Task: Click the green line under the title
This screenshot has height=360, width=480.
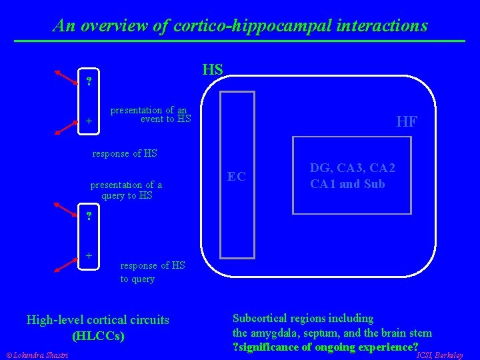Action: pyautogui.click(x=240, y=41)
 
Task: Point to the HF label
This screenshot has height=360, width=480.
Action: pyautogui.click(x=407, y=121)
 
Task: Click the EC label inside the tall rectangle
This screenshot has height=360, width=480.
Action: pyautogui.click(x=237, y=177)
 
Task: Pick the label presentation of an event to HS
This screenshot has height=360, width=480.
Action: pyautogui.click(x=150, y=115)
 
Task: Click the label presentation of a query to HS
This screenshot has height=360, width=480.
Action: pyautogui.click(x=126, y=190)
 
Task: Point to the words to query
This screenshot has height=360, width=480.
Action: pyautogui.click(x=137, y=279)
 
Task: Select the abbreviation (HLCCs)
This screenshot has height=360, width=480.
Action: pyautogui.click(x=97, y=335)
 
